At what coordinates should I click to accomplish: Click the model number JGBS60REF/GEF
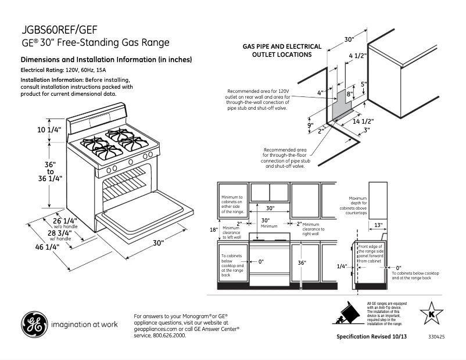pyautogui.click(x=59, y=30)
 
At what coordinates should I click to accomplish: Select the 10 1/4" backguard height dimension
pyautogui.click(x=49, y=130)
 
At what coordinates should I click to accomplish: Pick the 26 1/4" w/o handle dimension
pyautogui.click(x=65, y=221)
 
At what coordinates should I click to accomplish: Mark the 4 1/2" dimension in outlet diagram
pyautogui.click(x=357, y=56)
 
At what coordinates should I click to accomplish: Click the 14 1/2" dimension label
pyautogui.click(x=363, y=121)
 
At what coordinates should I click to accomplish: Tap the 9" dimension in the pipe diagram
pyautogui.click(x=311, y=125)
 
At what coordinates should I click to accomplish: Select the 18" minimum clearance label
pyautogui.click(x=213, y=229)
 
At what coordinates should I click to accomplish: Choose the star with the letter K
pyautogui.click(x=431, y=314)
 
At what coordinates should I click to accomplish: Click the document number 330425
pyautogui.click(x=436, y=337)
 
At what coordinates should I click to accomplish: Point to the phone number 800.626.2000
pyautogui.click(x=170, y=336)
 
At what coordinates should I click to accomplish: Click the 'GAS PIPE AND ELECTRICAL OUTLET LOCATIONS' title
pyautogui.click(x=282, y=51)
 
